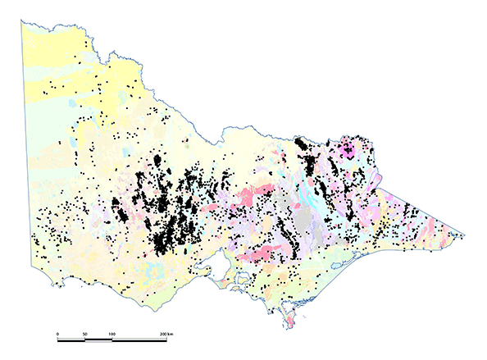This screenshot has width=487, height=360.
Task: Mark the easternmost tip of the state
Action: (465, 236)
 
